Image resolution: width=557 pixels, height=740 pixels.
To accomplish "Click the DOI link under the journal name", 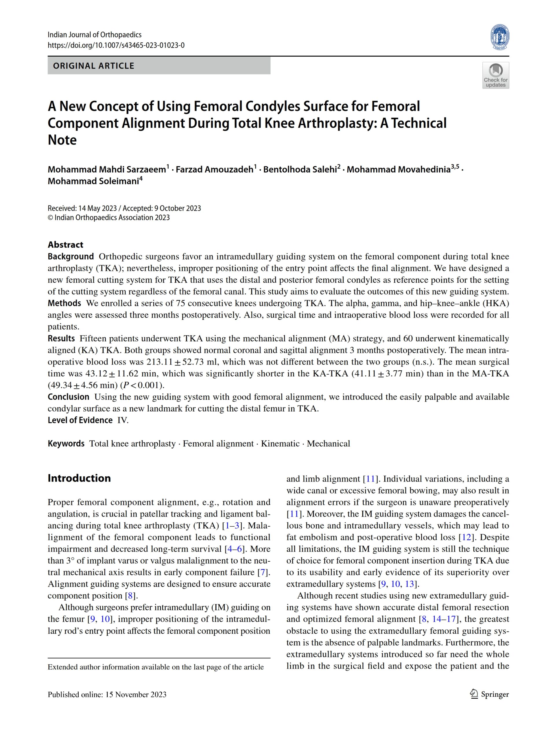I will [116, 45].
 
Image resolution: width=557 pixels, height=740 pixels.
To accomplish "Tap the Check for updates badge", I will [495, 75].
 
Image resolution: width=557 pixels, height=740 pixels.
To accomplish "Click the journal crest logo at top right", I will [500, 37].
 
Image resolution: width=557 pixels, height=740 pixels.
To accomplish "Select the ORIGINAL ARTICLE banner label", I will [93, 66].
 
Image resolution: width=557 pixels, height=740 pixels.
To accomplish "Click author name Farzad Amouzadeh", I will [215, 170].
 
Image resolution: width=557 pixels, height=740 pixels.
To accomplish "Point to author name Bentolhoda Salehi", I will [300, 170].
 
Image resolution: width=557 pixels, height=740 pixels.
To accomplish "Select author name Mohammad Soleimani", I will [93, 181].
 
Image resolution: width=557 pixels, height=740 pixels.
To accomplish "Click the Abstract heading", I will [65, 245].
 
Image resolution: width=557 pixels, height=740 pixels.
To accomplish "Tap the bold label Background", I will [71, 257].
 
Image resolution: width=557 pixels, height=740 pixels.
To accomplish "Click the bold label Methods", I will [64, 303].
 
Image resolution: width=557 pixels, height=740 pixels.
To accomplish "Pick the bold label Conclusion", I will [68, 397].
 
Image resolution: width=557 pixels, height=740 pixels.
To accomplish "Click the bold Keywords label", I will [66, 444].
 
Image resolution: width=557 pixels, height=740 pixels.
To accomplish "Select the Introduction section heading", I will [79, 478].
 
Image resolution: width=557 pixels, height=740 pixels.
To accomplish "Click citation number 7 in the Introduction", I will [263, 572].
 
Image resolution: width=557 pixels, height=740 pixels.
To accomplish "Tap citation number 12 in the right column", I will [466, 537].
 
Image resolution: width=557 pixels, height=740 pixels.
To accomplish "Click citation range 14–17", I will [444, 619].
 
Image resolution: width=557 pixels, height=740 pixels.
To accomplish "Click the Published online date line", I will [107, 695].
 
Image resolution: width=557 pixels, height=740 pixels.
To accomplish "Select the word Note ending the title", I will [62, 140].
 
